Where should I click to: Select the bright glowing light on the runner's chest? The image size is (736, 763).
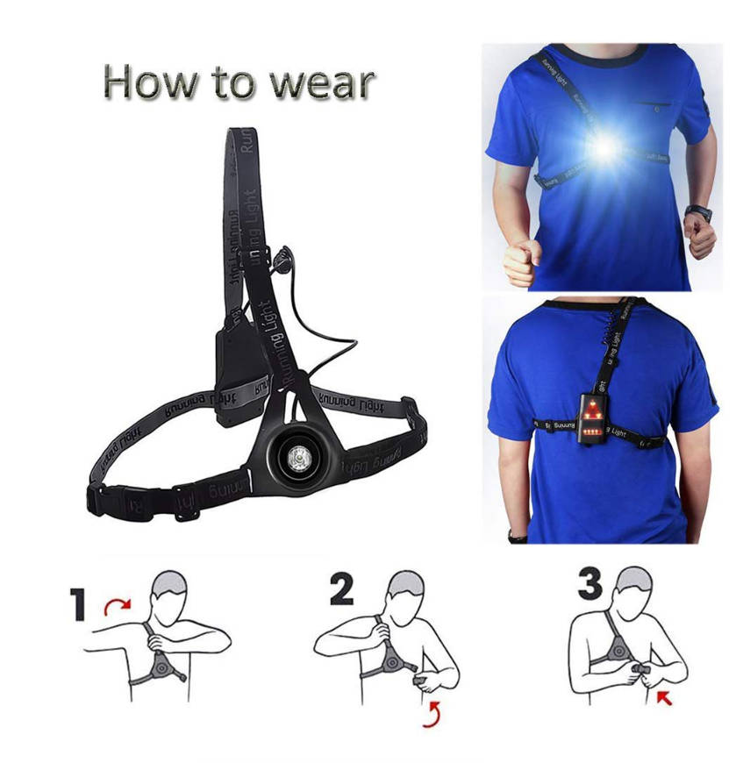click(604, 147)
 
